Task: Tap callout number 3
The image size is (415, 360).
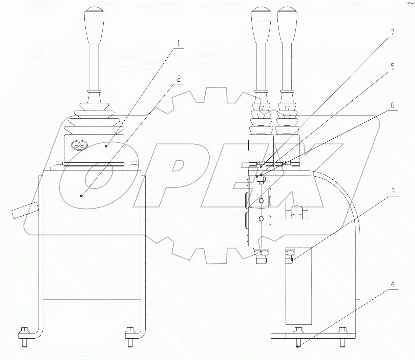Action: pyautogui.click(x=393, y=191)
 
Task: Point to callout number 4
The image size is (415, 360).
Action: pyautogui.click(x=393, y=284)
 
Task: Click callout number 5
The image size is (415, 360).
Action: pyautogui.click(x=393, y=66)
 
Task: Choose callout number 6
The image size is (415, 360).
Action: pyautogui.click(x=393, y=105)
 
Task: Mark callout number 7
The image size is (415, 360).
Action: pyautogui.click(x=393, y=33)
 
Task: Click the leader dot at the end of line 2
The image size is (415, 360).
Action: pyautogui.click(x=81, y=196)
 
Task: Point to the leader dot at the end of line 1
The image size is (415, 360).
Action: pyautogui.click(x=106, y=146)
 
